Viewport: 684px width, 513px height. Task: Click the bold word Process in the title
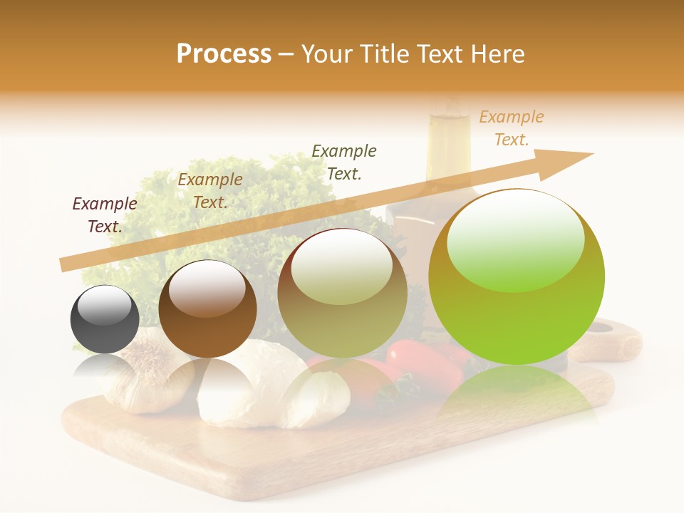[224, 54]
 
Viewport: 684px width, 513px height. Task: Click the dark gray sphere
[105, 320]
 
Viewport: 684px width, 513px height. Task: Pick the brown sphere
[207, 309]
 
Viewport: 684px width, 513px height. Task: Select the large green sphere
[517, 277]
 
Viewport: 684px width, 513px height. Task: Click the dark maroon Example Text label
[105, 215]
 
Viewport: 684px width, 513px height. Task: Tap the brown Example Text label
[209, 191]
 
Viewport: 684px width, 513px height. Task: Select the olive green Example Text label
[344, 162]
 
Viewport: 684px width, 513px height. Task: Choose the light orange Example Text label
[511, 128]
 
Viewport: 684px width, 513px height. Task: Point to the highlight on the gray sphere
[108, 306]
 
